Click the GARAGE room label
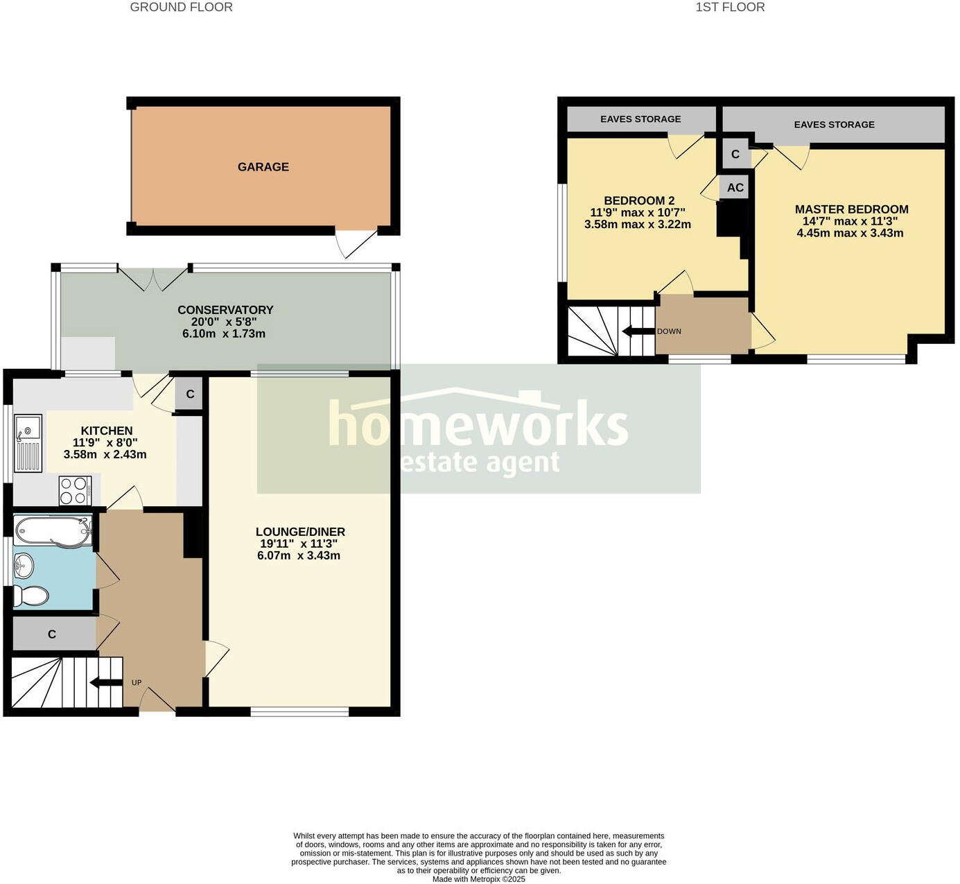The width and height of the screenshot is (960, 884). coord(263,167)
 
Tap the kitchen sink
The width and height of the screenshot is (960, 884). coord(28,443)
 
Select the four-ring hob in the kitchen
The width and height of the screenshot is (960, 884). coord(75,490)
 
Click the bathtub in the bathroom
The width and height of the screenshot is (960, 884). coord(53,531)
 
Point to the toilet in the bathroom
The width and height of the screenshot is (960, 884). coord(31,596)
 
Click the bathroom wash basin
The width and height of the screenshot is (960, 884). coord(23,566)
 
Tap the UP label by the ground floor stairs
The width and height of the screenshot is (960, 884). coord(137,683)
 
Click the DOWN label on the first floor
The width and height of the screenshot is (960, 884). coord(669,331)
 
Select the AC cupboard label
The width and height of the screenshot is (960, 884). coord(735,188)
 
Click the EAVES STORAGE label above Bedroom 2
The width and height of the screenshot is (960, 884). coord(640,119)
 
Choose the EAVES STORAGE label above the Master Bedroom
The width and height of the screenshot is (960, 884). coord(834,125)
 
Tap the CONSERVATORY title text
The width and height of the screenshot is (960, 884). coord(225,310)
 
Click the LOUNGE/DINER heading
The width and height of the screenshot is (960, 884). coord(300,532)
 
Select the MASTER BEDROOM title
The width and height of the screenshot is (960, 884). coord(851,209)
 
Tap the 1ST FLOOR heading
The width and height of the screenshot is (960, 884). coord(730,8)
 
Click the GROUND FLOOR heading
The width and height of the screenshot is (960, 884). coord(182,8)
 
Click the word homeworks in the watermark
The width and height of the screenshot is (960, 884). coord(478,423)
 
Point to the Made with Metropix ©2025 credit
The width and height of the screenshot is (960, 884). coord(478,879)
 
